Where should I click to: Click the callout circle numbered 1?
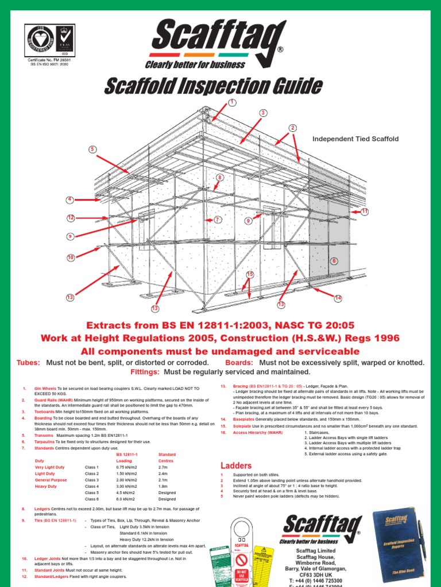click(233, 102)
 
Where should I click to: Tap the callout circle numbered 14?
click(338, 298)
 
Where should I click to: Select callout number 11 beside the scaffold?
click(364, 212)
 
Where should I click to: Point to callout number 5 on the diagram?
click(91, 150)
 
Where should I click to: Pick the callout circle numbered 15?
click(250, 275)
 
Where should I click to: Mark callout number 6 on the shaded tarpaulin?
click(334, 261)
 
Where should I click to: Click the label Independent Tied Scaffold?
click(355, 139)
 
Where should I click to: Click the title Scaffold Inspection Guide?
click(213, 86)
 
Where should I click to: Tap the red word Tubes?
click(29, 363)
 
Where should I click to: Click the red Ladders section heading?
click(237, 464)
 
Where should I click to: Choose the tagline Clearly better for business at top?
click(195, 64)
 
